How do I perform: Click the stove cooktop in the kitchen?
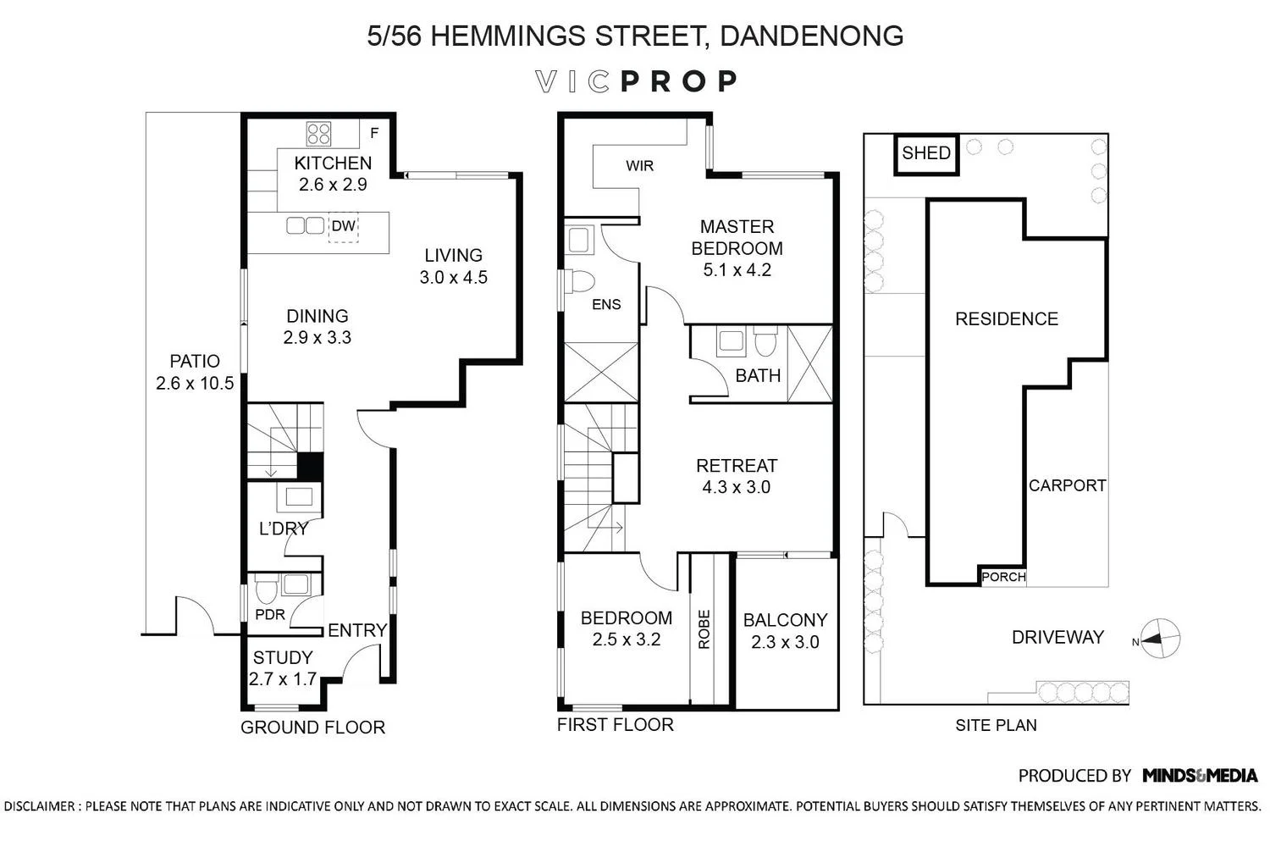[x=318, y=135]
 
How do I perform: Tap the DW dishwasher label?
[x=343, y=226]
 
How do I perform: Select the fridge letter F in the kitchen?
[x=374, y=133]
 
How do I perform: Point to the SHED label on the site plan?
[x=926, y=152]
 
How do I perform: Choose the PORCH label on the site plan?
[x=1003, y=577]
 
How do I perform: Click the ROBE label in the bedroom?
[x=704, y=629]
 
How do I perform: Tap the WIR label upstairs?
[x=639, y=166]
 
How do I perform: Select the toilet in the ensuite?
[x=581, y=281]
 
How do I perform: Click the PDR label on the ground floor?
[x=270, y=614]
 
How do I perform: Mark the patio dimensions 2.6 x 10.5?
[x=195, y=383]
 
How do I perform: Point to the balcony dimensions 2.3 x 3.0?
[x=785, y=642]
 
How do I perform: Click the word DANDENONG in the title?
[x=811, y=36]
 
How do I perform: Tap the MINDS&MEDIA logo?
[x=1200, y=775]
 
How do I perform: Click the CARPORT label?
[x=1067, y=485]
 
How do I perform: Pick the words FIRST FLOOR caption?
[x=616, y=724]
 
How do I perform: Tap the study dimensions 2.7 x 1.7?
[x=282, y=679]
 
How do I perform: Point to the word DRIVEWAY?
[x=1058, y=637]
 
